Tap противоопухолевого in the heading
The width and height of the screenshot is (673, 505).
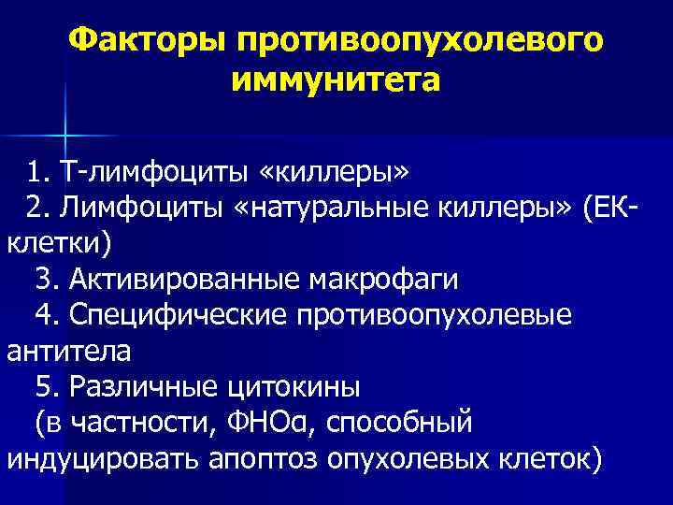coord(419,40)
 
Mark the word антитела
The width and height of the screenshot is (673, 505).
coord(69,351)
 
